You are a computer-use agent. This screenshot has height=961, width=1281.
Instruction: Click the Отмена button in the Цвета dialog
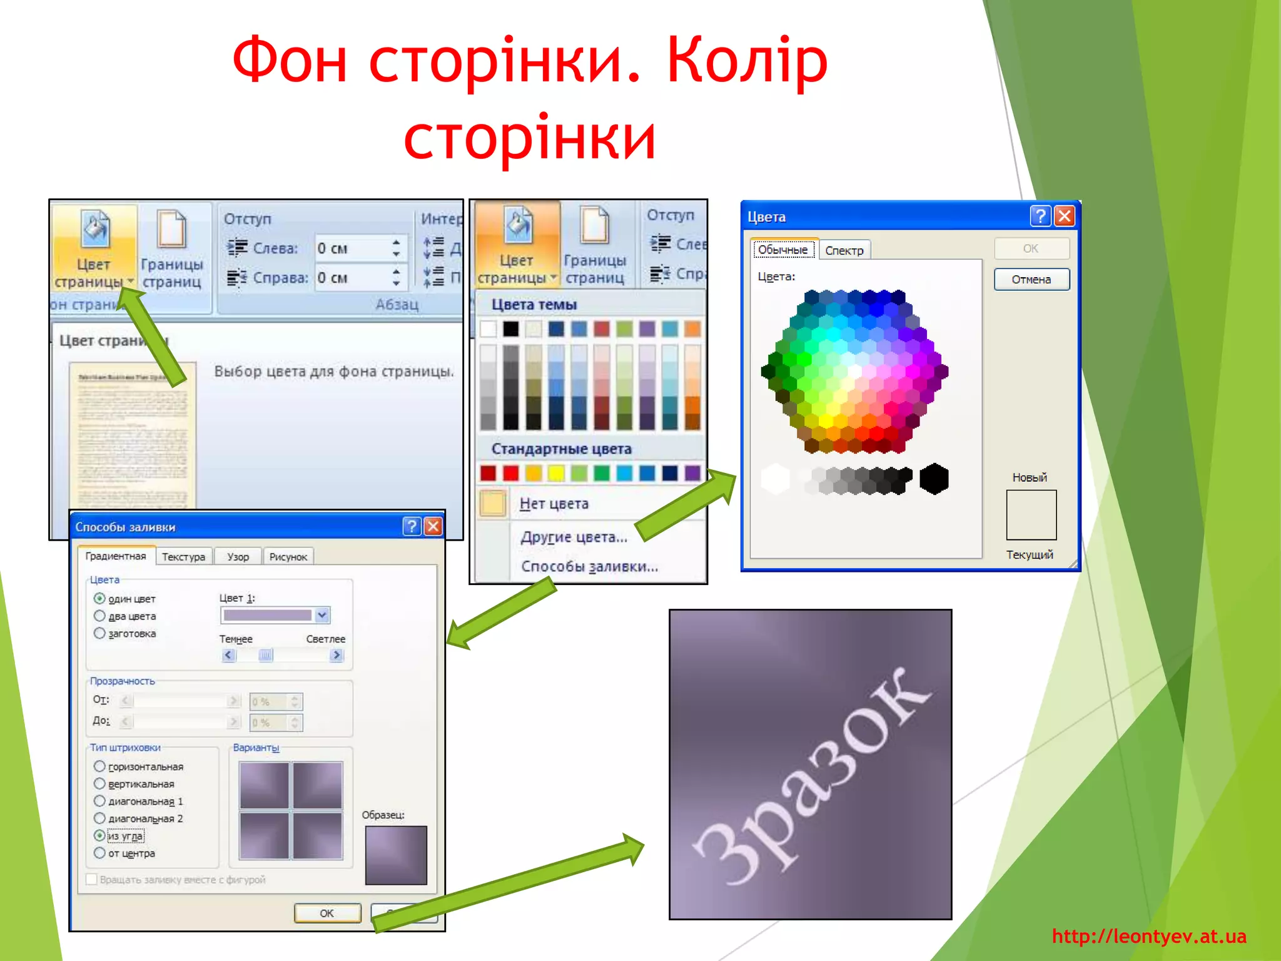(1031, 279)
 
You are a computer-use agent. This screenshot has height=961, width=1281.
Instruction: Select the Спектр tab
(844, 250)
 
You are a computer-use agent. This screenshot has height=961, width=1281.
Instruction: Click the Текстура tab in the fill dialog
(183, 557)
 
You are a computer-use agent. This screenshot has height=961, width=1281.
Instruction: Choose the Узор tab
(238, 557)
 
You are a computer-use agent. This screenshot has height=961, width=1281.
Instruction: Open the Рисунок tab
(288, 557)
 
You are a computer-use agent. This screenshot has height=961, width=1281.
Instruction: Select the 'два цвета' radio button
(99, 616)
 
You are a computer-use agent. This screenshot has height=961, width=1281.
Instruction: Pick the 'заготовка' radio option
(99, 633)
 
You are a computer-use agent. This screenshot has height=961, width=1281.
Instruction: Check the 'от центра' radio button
(99, 853)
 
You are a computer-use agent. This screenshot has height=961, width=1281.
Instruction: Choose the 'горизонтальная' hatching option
(99, 766)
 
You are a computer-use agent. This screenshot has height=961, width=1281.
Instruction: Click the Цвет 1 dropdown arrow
(322, 615)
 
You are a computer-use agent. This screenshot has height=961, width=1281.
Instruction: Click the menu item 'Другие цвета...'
(574, 537)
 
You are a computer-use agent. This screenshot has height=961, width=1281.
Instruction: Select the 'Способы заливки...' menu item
(589, 566)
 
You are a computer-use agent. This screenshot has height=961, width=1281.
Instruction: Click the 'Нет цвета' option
(554, 504)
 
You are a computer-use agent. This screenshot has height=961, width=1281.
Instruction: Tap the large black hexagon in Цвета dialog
(934, 479)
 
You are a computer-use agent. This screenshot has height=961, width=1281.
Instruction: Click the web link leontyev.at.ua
(1149, 936)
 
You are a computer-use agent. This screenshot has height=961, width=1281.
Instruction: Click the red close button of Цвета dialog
(1065, 216)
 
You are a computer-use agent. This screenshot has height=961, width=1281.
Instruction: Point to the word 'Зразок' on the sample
(813, 776)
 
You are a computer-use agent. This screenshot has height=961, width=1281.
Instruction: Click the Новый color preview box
(1031, 514)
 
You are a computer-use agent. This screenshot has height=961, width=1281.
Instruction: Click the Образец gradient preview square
(396, 855)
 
